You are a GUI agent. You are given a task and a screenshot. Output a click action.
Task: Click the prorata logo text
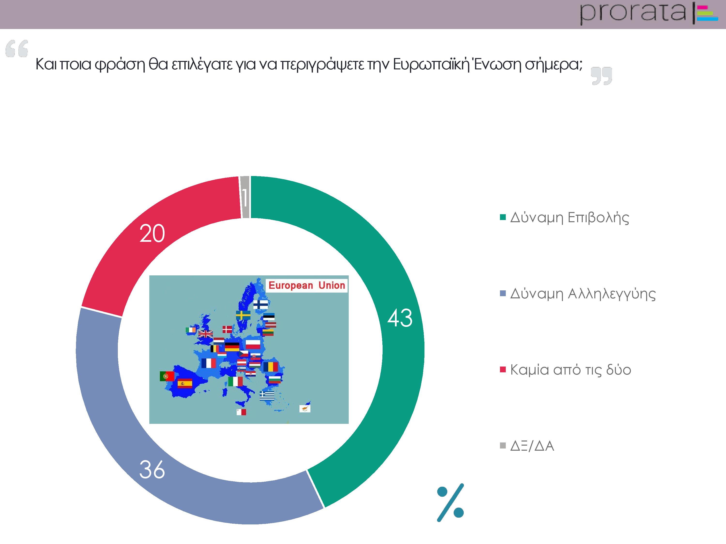[633, 13]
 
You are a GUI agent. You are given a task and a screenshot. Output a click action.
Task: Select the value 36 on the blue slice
[152, 469]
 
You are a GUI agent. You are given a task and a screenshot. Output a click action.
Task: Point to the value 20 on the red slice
[152, 234]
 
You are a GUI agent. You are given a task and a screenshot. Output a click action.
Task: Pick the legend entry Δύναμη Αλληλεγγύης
[578, 294]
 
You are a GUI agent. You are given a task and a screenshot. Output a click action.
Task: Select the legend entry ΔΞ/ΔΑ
[527, 446]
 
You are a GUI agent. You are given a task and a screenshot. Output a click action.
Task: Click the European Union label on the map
[307, 285]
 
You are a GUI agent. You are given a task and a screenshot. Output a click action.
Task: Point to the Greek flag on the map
[267, 396]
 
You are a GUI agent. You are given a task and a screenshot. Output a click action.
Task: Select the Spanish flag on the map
[185, 383]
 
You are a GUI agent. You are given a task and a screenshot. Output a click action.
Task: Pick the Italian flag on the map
[235, 381]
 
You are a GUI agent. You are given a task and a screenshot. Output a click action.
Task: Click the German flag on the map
[232, 347]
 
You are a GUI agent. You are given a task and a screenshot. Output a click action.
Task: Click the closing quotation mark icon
[602, 76]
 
